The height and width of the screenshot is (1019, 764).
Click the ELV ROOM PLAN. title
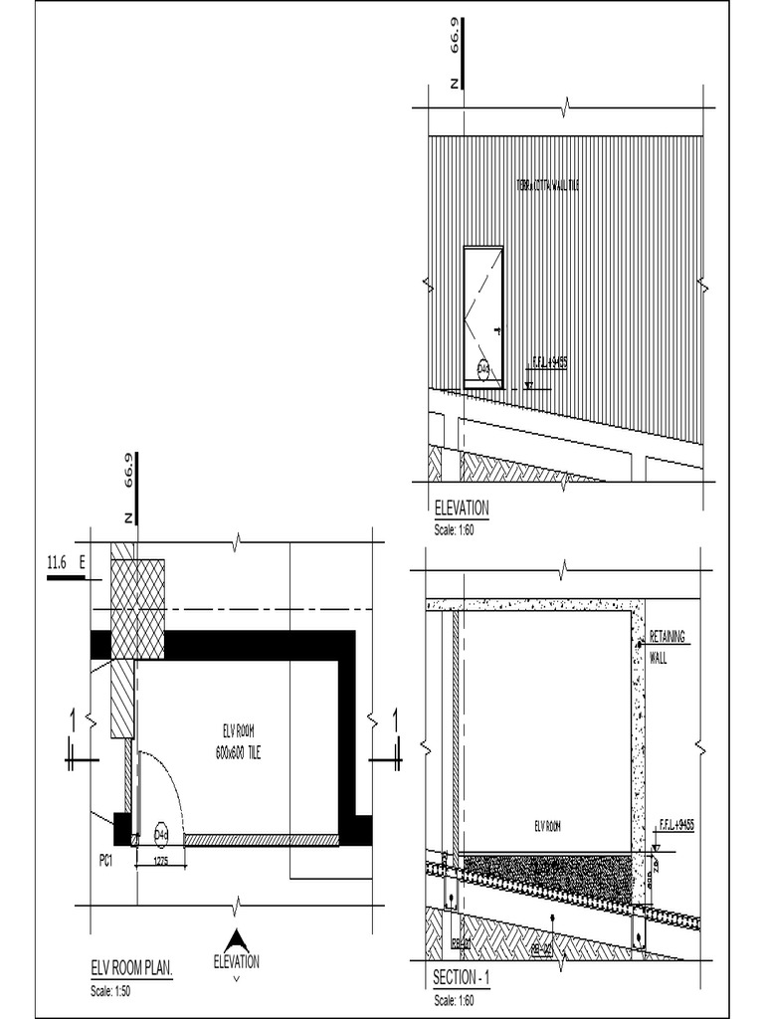click(132, 967)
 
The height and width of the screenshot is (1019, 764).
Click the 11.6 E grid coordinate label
click(66, 564)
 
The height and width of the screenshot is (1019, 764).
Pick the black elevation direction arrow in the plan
click(236, 939)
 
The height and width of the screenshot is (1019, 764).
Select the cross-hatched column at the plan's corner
click(137, 609)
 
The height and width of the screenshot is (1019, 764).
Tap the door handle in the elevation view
click(494, 328)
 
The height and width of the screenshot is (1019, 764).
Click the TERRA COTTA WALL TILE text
click(547, 185)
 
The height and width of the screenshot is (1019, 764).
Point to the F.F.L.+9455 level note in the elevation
click(546, 364)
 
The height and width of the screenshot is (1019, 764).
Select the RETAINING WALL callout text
click(668, 646)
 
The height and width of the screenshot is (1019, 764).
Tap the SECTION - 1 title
click(462, 978)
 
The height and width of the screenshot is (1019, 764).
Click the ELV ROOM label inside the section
click(548, 825)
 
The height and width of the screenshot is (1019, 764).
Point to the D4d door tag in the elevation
click(483, 369)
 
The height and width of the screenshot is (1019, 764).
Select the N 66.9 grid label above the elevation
click(455, 60)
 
